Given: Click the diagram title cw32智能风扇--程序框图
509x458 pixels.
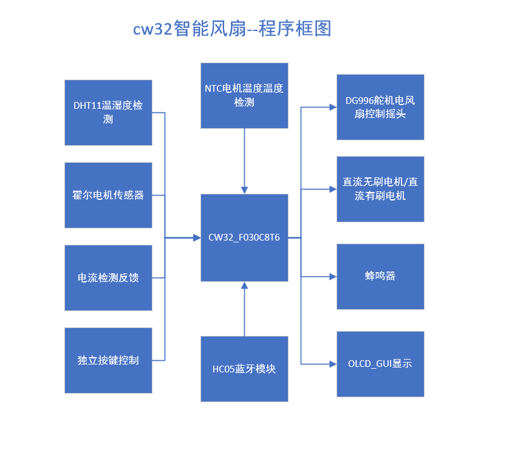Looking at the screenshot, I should pyautogui.click(x=233, y=29).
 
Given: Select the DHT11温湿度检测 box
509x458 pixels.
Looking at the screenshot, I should pyautogui.click(x=108, y=112).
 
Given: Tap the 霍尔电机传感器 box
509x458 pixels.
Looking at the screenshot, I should pyautogui.click(x=108, y=195).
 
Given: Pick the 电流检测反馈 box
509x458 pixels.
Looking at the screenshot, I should pyautogui.click(x=108, y=278).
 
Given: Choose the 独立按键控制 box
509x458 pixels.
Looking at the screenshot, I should pyautogui.click(x=108, y=360).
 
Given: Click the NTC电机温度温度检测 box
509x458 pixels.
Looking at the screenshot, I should pyautogui.click(x=244, y=95).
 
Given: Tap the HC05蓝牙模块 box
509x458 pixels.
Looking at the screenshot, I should pyautogui.click(x=244, y=369).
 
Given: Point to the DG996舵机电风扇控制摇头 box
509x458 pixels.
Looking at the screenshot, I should pyautogui.click(x=380, y=107).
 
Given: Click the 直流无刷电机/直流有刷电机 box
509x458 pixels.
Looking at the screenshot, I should pyautogui.click(x=380, y=189).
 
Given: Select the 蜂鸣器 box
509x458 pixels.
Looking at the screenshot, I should pyautogui.click(x=380, y=276).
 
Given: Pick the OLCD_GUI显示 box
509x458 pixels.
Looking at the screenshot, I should pyautogui.click(x=380, y=364).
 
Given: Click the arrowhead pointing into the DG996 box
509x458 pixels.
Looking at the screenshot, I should pyautogui.click(x=333, y=107).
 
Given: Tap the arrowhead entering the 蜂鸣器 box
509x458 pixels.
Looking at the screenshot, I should pyautogui.click(x=333, y=276).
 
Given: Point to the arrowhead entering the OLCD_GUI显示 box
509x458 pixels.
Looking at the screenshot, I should pyautogui.click(x=333, y=364).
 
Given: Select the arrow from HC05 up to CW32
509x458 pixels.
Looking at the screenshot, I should pyautogui.click(x=244, y=310).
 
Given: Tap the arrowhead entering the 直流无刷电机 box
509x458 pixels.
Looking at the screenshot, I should pyautogui.click(x=333, y=189).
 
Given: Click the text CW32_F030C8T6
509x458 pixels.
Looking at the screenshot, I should pyautogui.click(x=244, y=238).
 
